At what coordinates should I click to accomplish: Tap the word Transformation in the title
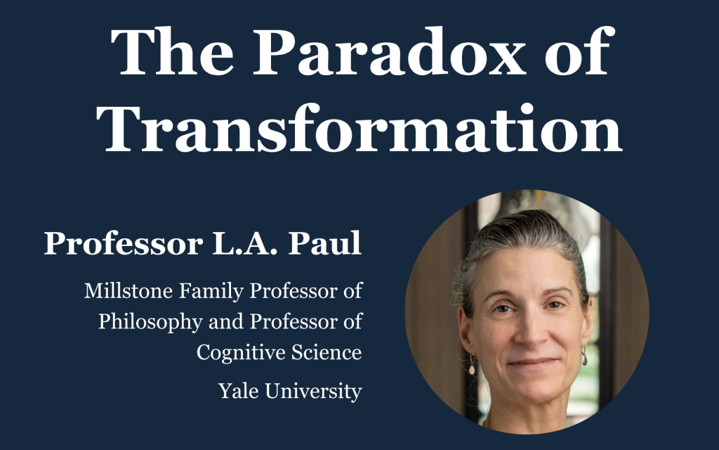tap(363, 130)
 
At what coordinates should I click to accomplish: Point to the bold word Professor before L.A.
tap(117, 243)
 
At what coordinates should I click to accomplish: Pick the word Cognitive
tap(235, 352)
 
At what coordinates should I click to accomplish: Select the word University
tap(315, 391)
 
